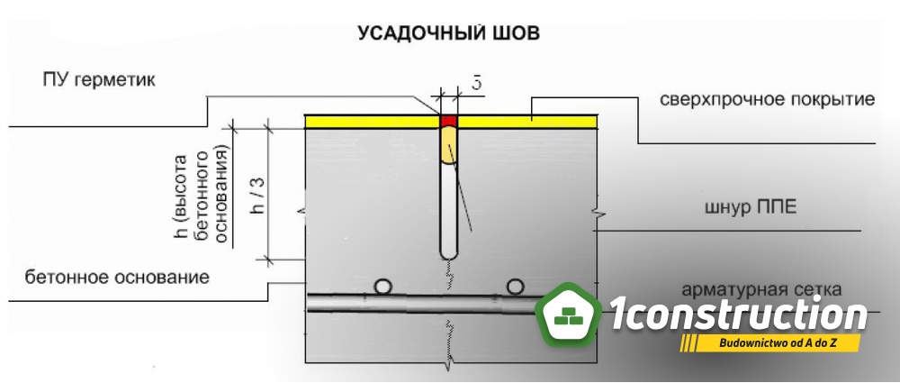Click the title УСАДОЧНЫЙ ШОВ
tap(448, 32)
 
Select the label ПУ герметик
tap(99, 79)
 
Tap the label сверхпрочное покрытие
tap(768, 99)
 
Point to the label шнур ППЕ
tap(751, 207)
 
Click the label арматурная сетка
tap(762, 289)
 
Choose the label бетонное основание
tap(117, 278)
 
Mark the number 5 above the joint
tap(476, 83)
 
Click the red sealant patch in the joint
tap(449, 121)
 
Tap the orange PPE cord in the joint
tap(449, 145)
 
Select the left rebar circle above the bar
tap(382, 287)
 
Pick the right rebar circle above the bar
tap(516, 287)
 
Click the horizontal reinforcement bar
tap(422, 303)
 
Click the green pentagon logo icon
tap(569, 315)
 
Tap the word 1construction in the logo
tap(738, 314)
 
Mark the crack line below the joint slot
tap(450, 274)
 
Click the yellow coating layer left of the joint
tap(373, 122)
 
